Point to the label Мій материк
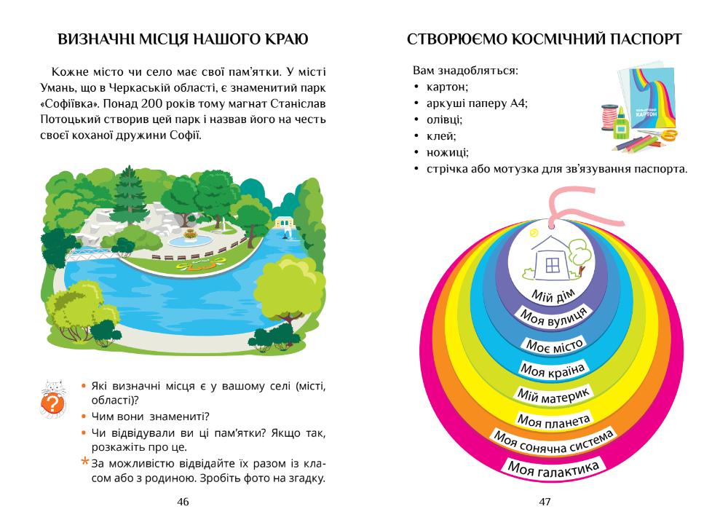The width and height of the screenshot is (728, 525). [553, 394]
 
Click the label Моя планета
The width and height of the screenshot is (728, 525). [553, 419]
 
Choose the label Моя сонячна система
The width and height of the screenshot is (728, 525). [553, 441]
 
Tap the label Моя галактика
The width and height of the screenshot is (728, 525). [553, 467]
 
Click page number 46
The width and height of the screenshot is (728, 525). [183, 502]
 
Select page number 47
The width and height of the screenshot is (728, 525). [545, 502]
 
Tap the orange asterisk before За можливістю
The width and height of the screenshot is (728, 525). [85, 463]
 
